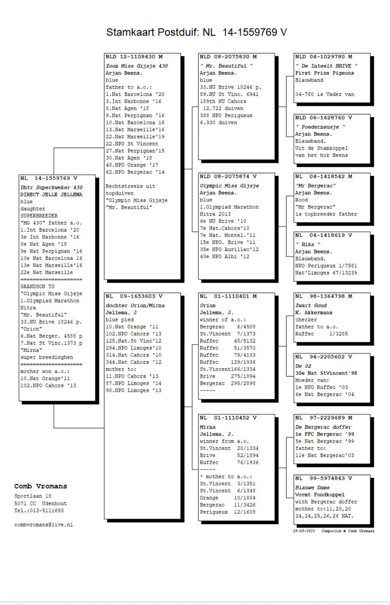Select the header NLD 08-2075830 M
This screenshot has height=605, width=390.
click(228, 57)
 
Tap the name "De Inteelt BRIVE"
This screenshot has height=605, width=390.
click(327, 65)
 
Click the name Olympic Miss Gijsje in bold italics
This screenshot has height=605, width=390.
click(230, 186)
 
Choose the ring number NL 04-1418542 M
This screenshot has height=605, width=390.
click(323, 176)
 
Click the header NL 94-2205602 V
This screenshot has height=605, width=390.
click(323, 357)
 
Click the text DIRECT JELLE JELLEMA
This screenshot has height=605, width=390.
click(51, 194)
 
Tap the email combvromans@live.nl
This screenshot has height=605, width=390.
click(43, 525)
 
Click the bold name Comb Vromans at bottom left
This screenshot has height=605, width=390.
click(40, 486)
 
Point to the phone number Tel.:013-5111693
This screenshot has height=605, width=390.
click(39, 510)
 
